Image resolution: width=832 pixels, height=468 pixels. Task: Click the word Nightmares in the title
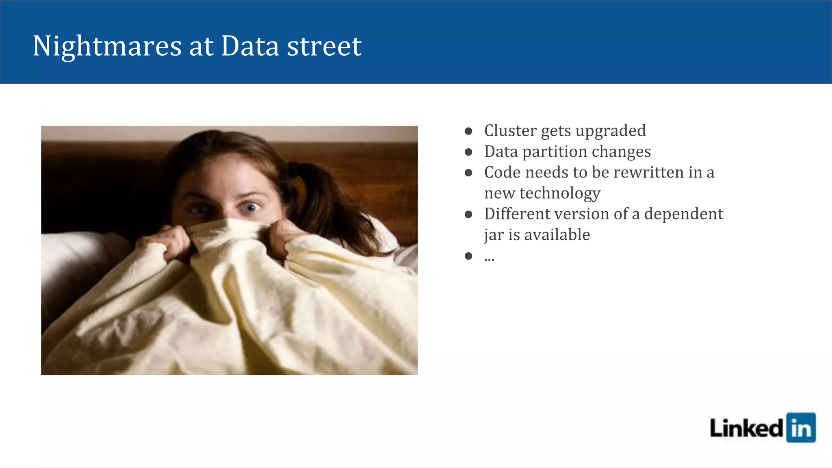107,46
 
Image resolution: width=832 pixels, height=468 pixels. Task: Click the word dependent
684,214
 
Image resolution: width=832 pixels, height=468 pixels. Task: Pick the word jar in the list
491,235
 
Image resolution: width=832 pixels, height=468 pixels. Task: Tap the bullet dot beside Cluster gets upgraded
468,131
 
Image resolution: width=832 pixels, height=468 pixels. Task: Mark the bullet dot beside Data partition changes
468,152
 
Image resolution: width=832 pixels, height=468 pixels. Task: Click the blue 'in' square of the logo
801,427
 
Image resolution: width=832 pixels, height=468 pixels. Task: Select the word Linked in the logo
746,428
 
